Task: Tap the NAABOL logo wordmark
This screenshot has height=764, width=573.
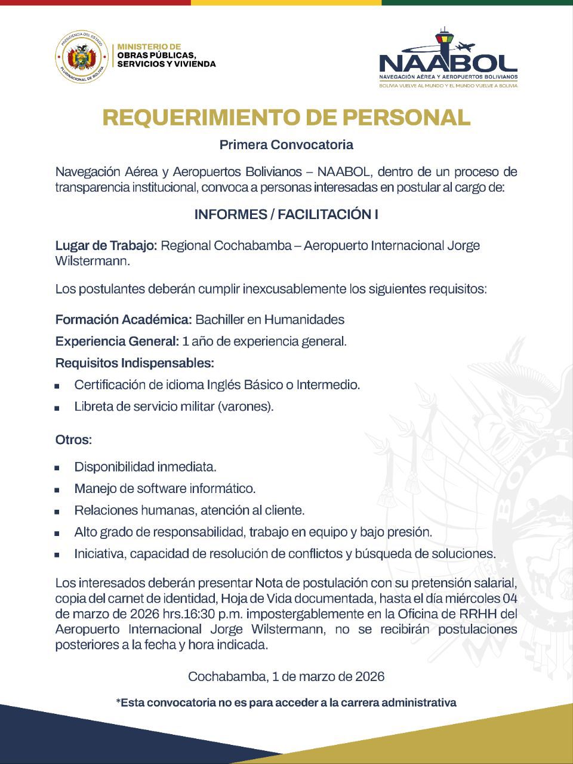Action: tap(448, 62)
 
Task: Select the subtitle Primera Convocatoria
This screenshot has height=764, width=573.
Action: tap(286, 144)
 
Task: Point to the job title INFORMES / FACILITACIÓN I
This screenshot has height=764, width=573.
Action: tap(286, 215)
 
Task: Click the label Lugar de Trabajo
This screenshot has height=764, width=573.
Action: tap(106, 246)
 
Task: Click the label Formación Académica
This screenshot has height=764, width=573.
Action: tap(124, 320)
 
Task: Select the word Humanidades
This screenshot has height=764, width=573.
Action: tap(304, 320)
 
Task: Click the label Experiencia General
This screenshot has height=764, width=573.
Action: tap(117, 342)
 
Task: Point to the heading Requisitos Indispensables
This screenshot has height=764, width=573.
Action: tap(134, 363)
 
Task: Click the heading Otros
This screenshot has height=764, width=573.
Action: tap(73, 440)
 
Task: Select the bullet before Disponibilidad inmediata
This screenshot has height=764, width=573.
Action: tap(57, 468)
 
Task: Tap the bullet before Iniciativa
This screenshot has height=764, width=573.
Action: tap(57, 555)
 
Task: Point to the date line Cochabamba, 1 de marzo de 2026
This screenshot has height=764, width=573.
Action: tap(286, 677)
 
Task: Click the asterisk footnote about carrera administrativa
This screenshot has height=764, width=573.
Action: tap(286, 703)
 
